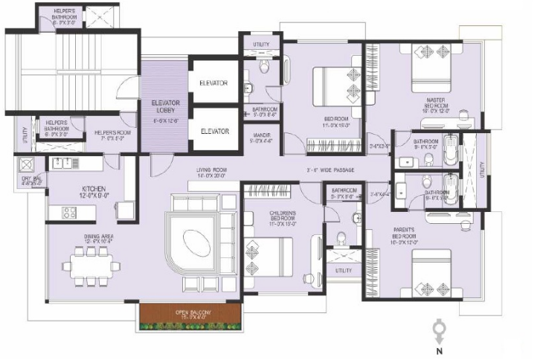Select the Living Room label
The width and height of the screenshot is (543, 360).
[211, 173]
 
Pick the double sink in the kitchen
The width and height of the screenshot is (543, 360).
[66, 162]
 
